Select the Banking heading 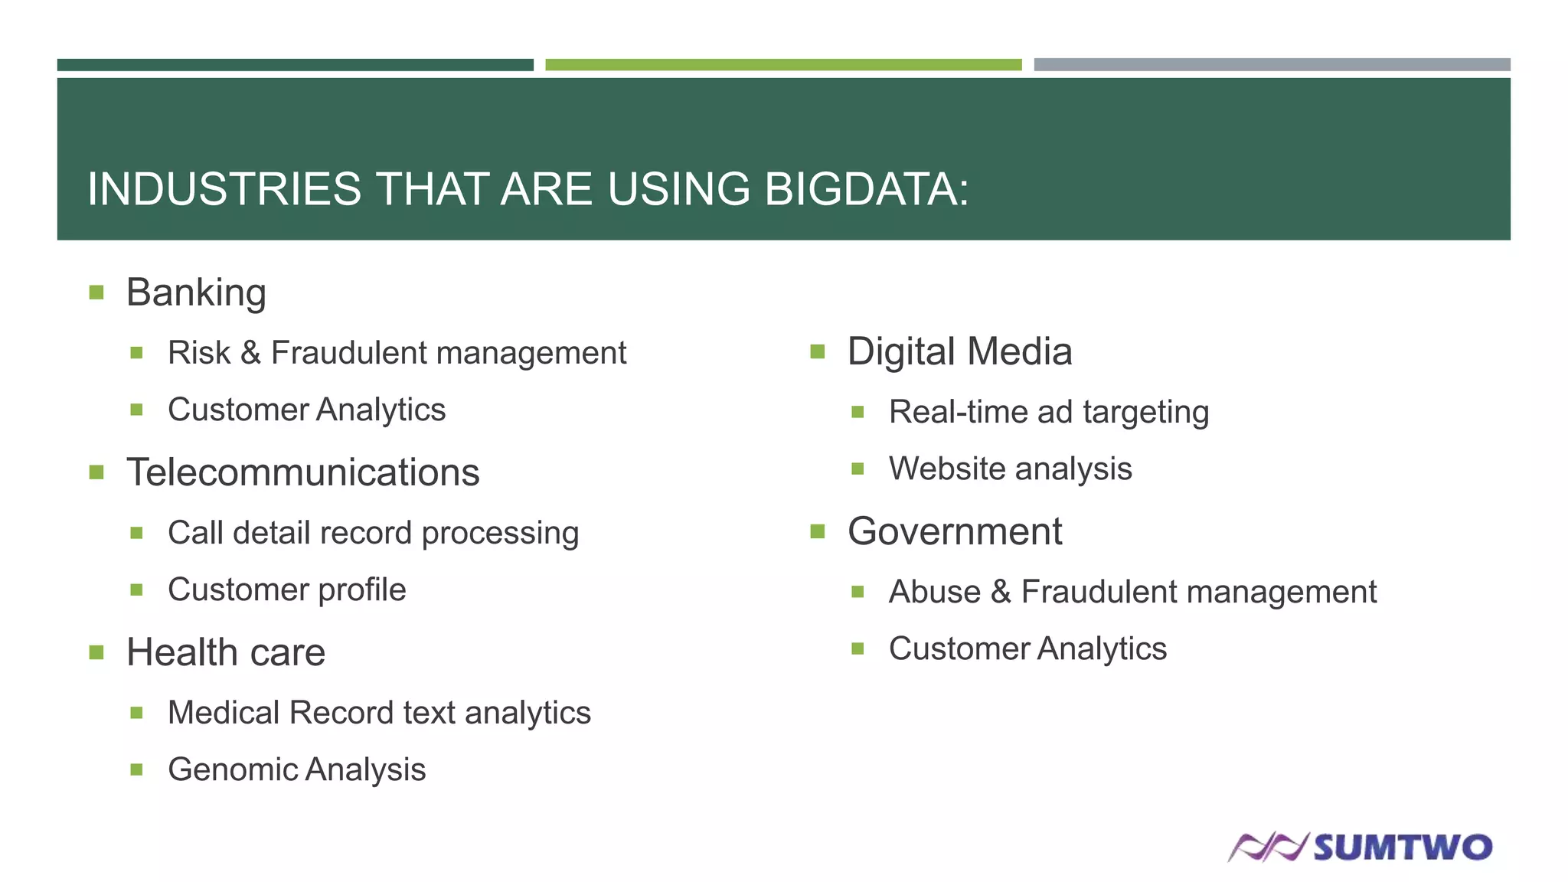(196, 292)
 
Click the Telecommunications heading (302, 472)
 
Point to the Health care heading (226, 652)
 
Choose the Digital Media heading (959, 351)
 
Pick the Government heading (955, 531)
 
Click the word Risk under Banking (198, 353)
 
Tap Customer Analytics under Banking (306, 410)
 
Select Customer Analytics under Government (1027, 648)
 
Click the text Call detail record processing (373, 533)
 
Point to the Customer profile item (286, 590)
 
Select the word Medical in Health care (224, 713)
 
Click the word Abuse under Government (934, 592)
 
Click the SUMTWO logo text (1403, 848)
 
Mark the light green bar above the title (783, 65)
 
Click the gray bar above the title (1272, 65)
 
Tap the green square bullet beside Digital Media (817, 352)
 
